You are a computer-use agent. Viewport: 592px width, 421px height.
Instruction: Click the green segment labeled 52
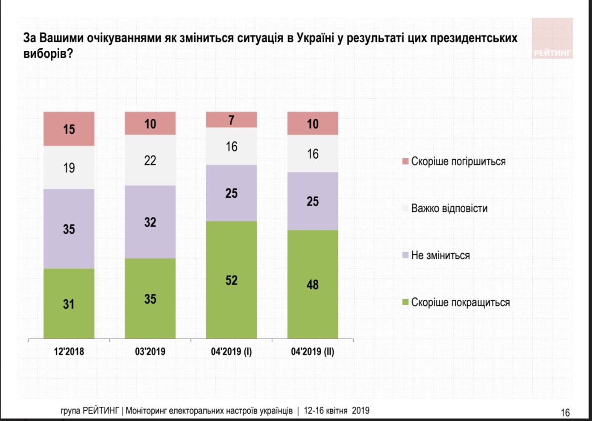(x=231, y=280)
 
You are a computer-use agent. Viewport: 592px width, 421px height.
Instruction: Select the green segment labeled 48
(x=312, y=284)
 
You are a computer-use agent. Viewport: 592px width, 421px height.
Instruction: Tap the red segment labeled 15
(x=69, y=129)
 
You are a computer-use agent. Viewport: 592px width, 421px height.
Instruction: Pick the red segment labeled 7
(x=231, y=119)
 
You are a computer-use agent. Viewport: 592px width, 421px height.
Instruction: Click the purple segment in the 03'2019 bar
(x=150, y=222)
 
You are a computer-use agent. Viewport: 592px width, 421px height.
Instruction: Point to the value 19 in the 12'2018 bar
(x=69, y=168)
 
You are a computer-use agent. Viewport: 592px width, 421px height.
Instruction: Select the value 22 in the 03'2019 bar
(x=150, y=160)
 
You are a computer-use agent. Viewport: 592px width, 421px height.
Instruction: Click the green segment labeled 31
(x=69, y=304)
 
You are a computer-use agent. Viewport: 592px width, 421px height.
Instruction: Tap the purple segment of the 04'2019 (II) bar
(x=312, y=201)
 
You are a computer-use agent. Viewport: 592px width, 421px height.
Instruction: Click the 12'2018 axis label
(x=69, y=352)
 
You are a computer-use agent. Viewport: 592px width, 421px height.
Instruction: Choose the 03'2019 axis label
(x=150, y=352)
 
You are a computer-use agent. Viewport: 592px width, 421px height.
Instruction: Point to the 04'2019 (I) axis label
(x=231, y=352)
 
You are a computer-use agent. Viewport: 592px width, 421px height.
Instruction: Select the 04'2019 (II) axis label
(x=312, y=352)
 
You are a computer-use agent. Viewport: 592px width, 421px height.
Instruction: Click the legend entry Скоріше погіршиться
(x=458, y=161)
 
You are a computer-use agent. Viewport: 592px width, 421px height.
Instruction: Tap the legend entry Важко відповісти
(x=449, y=208)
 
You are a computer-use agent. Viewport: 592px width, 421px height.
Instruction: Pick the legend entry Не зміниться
(x=440, y=255)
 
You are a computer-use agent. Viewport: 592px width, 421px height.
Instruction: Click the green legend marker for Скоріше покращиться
(x=406, y=303)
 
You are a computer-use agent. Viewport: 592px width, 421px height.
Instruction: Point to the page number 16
(x=565, y=413)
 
